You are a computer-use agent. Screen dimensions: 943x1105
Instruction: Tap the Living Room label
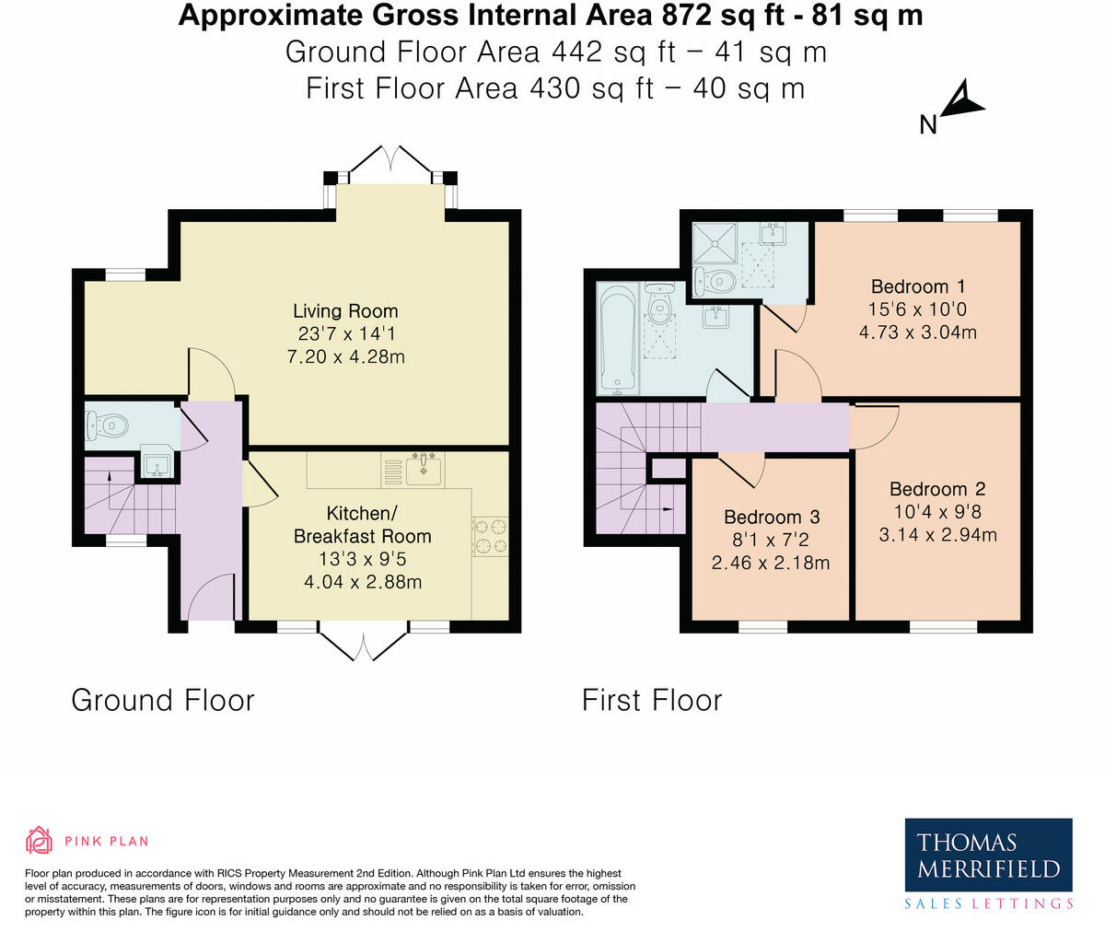345,311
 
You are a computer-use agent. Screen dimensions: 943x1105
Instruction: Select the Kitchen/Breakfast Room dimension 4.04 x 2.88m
363,582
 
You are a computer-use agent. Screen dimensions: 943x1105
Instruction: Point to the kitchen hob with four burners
490,537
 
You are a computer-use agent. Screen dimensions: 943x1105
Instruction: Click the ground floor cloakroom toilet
107,425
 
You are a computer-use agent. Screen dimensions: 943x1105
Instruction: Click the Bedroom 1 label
917,286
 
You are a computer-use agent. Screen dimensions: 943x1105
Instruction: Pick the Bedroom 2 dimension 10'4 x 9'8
937,512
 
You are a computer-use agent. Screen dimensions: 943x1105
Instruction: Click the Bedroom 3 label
771,517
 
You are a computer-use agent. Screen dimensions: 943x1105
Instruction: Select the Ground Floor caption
162,701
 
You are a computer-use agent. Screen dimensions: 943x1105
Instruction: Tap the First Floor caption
652,701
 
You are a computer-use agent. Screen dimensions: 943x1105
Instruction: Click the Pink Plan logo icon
40,840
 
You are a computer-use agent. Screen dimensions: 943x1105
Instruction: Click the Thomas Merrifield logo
988,864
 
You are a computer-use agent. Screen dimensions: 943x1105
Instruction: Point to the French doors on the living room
390,164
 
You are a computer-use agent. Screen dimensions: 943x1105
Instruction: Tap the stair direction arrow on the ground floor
110,477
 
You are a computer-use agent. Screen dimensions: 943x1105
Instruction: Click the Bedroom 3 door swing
744,470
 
